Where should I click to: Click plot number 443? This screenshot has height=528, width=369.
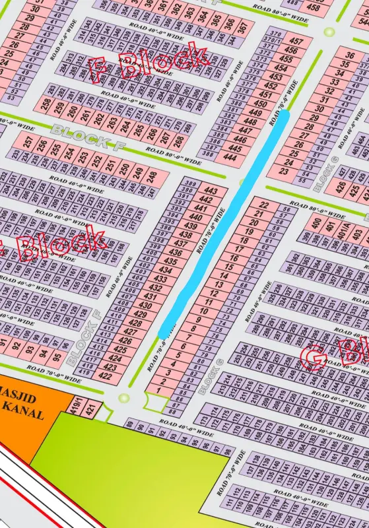[217, 191]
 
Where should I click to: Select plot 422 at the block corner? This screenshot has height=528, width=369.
[105, 376]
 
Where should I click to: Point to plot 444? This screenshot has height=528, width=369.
[230, 157]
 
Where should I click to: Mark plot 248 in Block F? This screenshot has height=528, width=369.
[152, 177]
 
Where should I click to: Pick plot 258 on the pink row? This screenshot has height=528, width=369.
[46, 104]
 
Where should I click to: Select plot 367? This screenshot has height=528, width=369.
[243, 28]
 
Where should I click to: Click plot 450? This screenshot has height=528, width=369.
[261, 104]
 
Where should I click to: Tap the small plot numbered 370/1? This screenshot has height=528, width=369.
[270, 40]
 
